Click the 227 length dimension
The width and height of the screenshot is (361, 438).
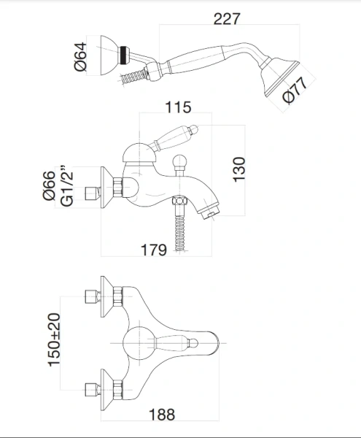(227, 19)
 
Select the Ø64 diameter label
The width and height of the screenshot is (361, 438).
(81, 57)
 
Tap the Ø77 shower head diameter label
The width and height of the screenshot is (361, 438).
(295, 91)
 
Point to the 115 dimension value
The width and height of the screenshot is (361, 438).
(178, 107)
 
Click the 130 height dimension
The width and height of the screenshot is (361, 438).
(239, 170)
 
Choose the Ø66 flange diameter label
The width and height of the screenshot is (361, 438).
(49, 185)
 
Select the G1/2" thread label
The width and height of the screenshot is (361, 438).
(66, 186)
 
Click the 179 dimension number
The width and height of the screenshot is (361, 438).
(154, 250)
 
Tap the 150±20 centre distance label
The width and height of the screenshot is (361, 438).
(54, 340)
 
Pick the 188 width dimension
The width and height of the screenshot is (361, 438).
(162, 415)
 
